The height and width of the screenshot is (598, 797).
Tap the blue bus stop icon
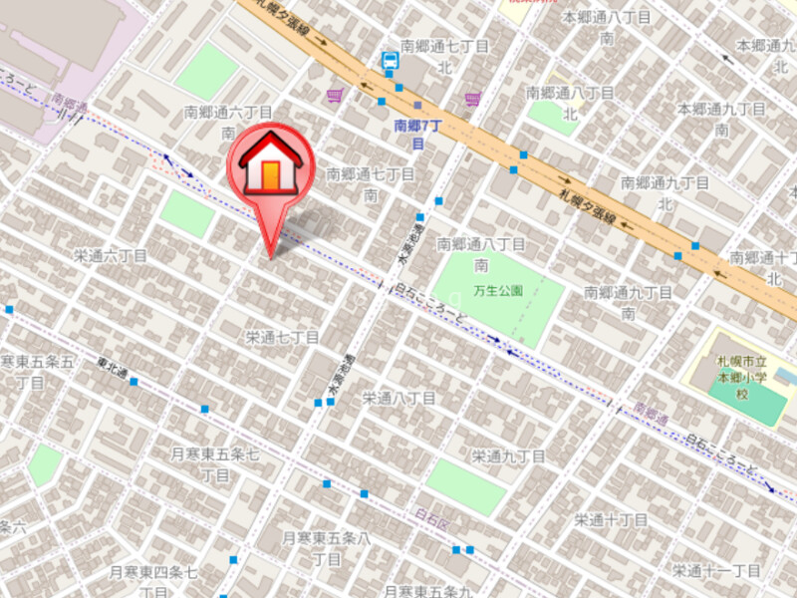point(390,62)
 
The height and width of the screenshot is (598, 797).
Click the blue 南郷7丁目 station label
point(415,135)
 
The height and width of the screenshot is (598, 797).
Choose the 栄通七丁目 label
point(282,338)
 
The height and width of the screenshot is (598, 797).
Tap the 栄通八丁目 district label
point(398,398)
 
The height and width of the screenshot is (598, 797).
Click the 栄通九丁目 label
point(508,456)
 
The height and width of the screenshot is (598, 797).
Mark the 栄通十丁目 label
point(611,520)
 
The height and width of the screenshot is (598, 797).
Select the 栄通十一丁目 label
point(715,570)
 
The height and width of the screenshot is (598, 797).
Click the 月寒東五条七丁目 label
point(215,464)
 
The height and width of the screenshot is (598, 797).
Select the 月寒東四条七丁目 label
point(154,580)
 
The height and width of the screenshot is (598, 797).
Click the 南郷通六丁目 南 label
point(228,122)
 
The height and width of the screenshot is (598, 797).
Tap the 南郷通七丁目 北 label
point(444,56)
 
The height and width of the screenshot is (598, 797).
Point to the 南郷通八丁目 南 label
point(481,254)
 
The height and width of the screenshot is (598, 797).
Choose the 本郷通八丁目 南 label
point(607,28)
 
